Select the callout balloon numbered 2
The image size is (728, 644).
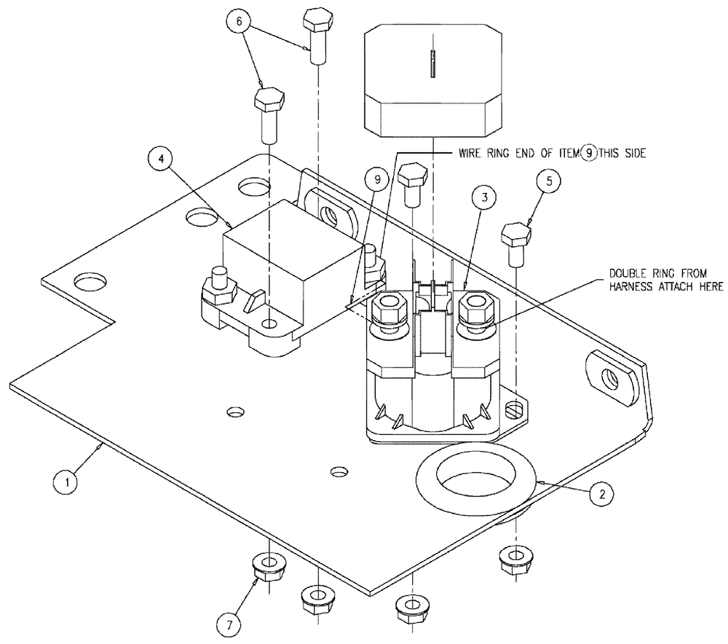pos(601,495)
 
